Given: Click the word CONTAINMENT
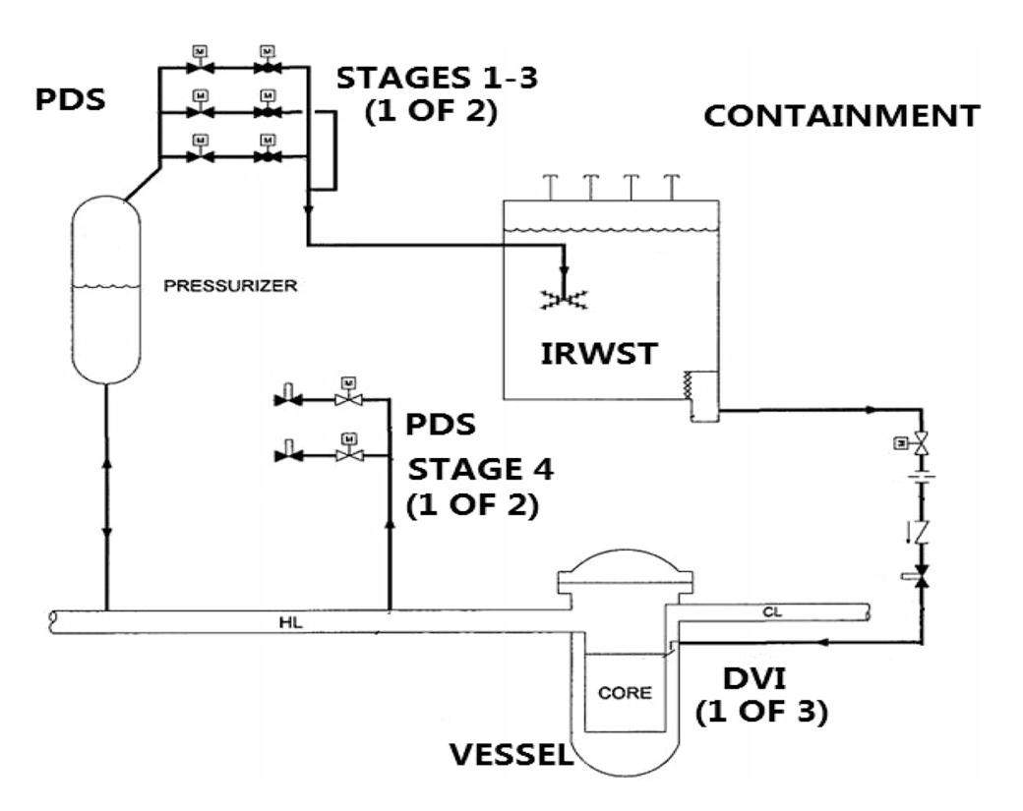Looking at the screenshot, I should click(x=841, y=116).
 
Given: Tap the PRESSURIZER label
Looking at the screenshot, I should click(x=230, y=287).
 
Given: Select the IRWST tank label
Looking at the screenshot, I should click(x=597, y=354).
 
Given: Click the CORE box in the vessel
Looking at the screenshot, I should click(x=625, y=692).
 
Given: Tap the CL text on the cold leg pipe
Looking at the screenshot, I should click(x=775, y=610).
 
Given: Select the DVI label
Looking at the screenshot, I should click(x=759, y=678).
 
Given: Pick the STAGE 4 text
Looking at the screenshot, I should click(x=481, y=469).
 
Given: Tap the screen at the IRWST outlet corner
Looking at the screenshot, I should click(x=705, y=396).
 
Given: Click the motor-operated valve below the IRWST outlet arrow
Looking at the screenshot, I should click(x=921, y=446).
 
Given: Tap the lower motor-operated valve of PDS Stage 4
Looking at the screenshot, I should click(x=347, y=454).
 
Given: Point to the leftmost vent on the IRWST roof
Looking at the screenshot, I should click(x=544, y=183).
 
